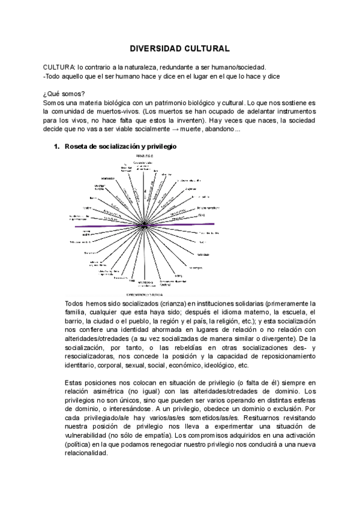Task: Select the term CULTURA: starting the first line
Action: pyautogui.click(x=59, y=67)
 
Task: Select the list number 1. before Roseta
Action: pyautogui.click(x=57, y=146)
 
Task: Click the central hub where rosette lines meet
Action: pyautogui.click(x=145, y=225)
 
